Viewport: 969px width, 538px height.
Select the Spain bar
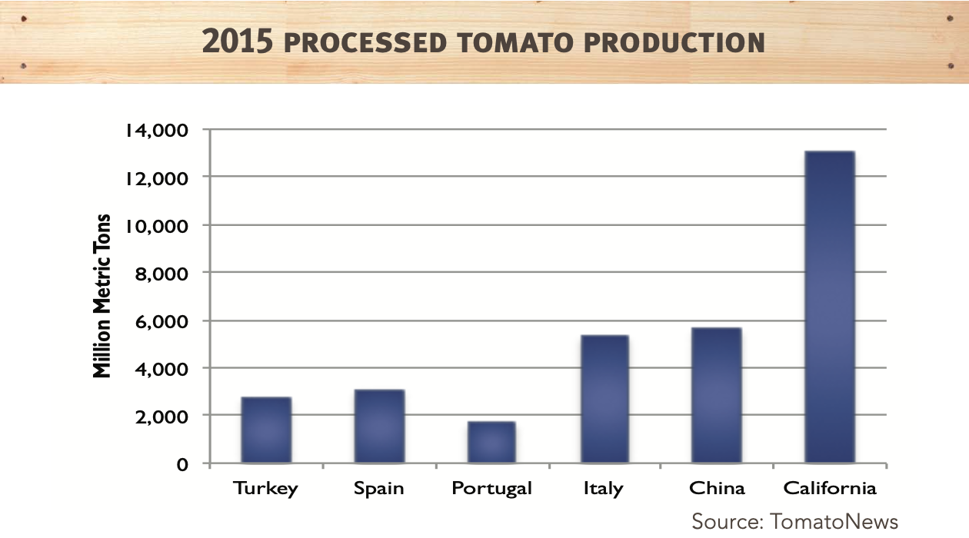click(x=379, y=427)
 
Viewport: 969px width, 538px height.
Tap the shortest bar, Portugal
click(x=491, y=443)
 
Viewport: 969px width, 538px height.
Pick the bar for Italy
click(x=604, y=400)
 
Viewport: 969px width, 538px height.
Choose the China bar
click(x=717, y=396)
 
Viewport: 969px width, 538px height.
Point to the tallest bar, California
click(x=829, y=307)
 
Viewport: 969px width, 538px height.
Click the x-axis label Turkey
click(x=266, y=489)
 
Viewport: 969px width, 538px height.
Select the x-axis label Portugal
click(x=491, y=489)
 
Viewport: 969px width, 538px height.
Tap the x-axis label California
click(x=829, y=489)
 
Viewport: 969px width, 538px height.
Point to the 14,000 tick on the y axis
click(x=156, y=130)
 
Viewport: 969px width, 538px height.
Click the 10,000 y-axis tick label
click(x=156, y=226)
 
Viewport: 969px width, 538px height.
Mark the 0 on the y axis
click(x=182, y=464)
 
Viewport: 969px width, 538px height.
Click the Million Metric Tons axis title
click(x=102, y=296)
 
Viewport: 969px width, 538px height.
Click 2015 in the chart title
click(x=237, y=42)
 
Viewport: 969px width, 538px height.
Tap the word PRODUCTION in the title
click(x=674, y=43)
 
